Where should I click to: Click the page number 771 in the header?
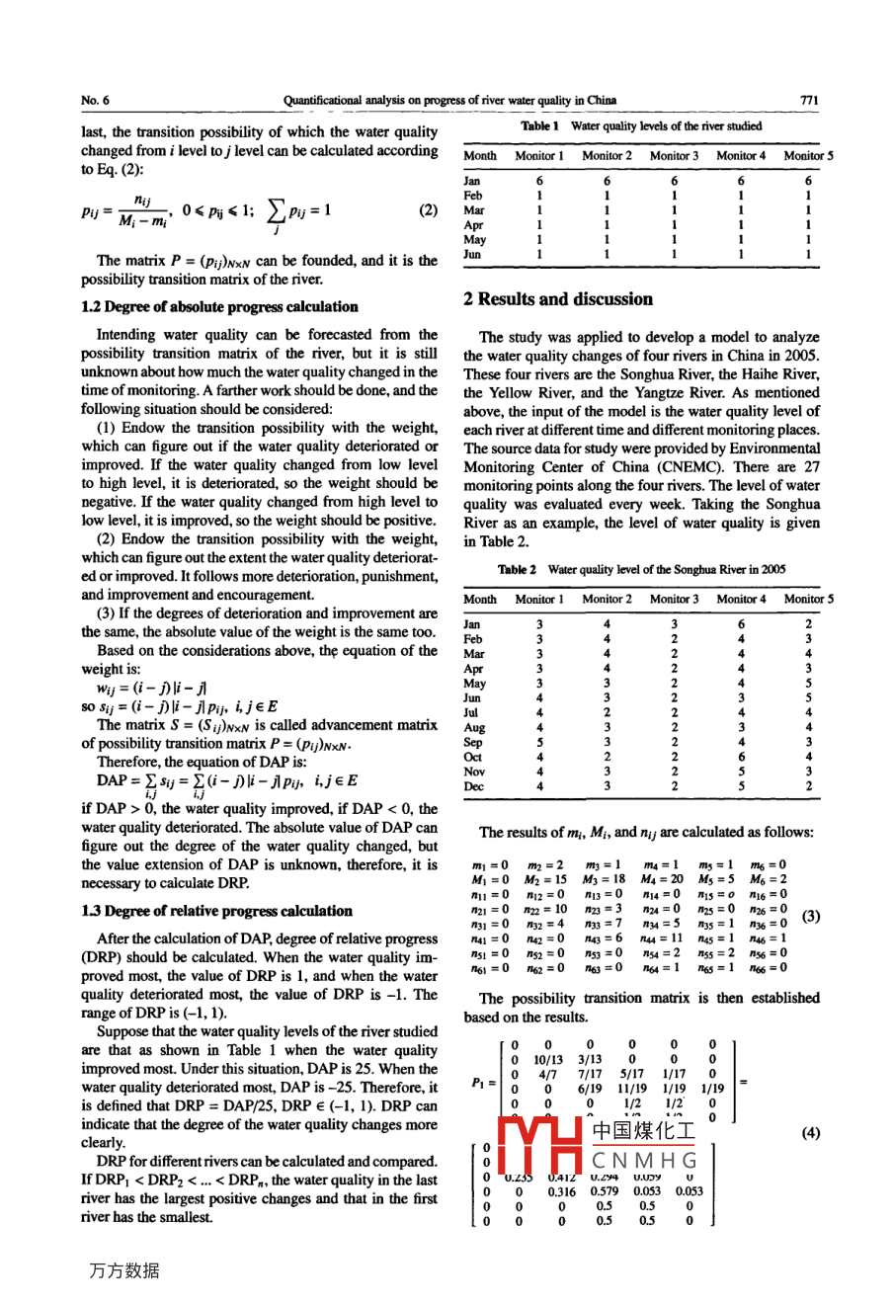(x=809, y=100)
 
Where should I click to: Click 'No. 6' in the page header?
(x=96, y=100)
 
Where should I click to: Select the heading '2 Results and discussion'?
(x=558, y=299)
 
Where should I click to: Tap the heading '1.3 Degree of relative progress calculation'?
(x=216, y=911)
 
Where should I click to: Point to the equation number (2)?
(x=428, y=210)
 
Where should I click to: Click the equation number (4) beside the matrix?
(x=810, y=1133)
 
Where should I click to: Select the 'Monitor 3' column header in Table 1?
(x=674, y=156)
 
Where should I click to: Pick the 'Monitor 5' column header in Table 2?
(x=808, y=599)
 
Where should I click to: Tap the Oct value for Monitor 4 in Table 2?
(x=741, y=757)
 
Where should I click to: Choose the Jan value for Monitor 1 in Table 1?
(x=539, y=181)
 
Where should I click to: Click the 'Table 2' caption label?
(x=518, y=570)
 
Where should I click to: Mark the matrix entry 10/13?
(x=549, y=1059)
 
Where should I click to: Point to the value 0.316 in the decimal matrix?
(x=561, y=1191)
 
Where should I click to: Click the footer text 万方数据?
(x=123, y=1270)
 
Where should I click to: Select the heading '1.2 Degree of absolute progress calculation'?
(x=219, y=306)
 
